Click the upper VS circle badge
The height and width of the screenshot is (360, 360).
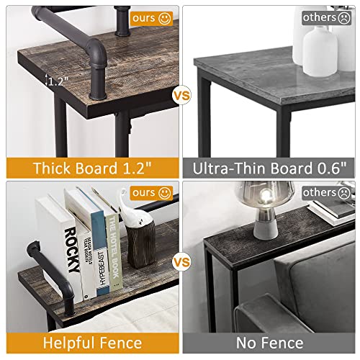pos(179,94)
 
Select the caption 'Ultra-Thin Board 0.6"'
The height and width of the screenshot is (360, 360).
pos(270,168)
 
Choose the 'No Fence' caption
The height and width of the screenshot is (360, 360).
pos(270,343)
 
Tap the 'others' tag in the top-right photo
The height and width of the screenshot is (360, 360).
pos(323,16)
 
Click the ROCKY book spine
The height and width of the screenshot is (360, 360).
pos(70,248)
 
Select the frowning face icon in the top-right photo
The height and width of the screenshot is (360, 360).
pos(341,16)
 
